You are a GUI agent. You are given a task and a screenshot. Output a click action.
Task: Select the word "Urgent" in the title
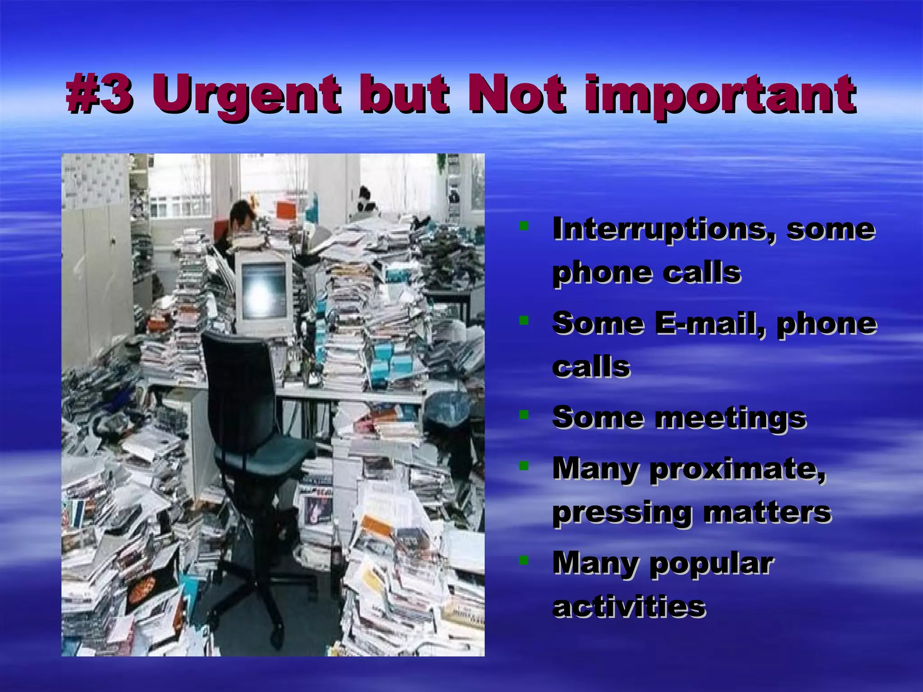coord(246,95)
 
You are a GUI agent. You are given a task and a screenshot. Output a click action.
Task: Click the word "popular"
coord(712,565)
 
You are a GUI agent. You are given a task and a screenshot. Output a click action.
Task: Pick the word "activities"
coord(629,607)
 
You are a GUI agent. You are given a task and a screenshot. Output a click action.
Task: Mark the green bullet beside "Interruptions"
coord(523,226)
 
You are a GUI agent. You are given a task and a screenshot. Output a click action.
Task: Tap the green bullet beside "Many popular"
coord(523,560)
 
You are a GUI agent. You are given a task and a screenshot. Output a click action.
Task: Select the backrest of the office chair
coord(239,387)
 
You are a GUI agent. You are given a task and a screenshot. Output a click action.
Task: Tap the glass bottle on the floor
coord(336,554)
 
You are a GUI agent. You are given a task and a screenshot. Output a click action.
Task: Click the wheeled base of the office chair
coord(261,586)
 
